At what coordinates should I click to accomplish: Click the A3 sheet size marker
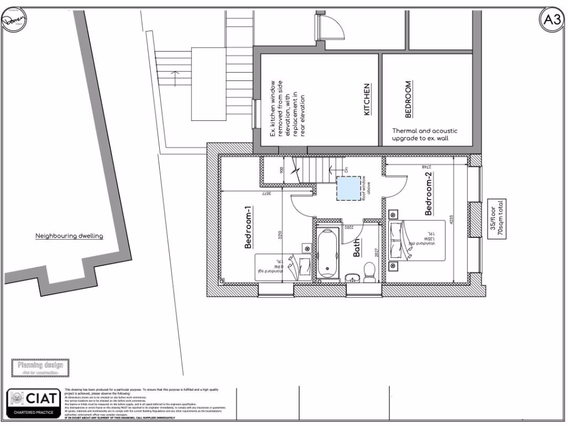click(x=552, y=20)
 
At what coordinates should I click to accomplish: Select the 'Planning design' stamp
click(x=40, y=367)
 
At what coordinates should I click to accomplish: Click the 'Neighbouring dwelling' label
click(x=69, y=236)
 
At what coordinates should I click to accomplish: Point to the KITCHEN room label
click(x=367, y=100)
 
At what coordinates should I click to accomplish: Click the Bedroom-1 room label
click(x=249, y=227)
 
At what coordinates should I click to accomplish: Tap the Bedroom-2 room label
click(x=429, y=194)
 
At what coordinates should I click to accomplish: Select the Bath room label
click(x=357, y=251)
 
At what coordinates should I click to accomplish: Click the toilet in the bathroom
click(x=369, y=272)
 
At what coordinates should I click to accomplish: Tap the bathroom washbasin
click(x=350, y=277)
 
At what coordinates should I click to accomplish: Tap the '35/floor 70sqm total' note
click(x=495, y=219)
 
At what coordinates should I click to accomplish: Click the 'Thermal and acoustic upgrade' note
click(x=425, y=134)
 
